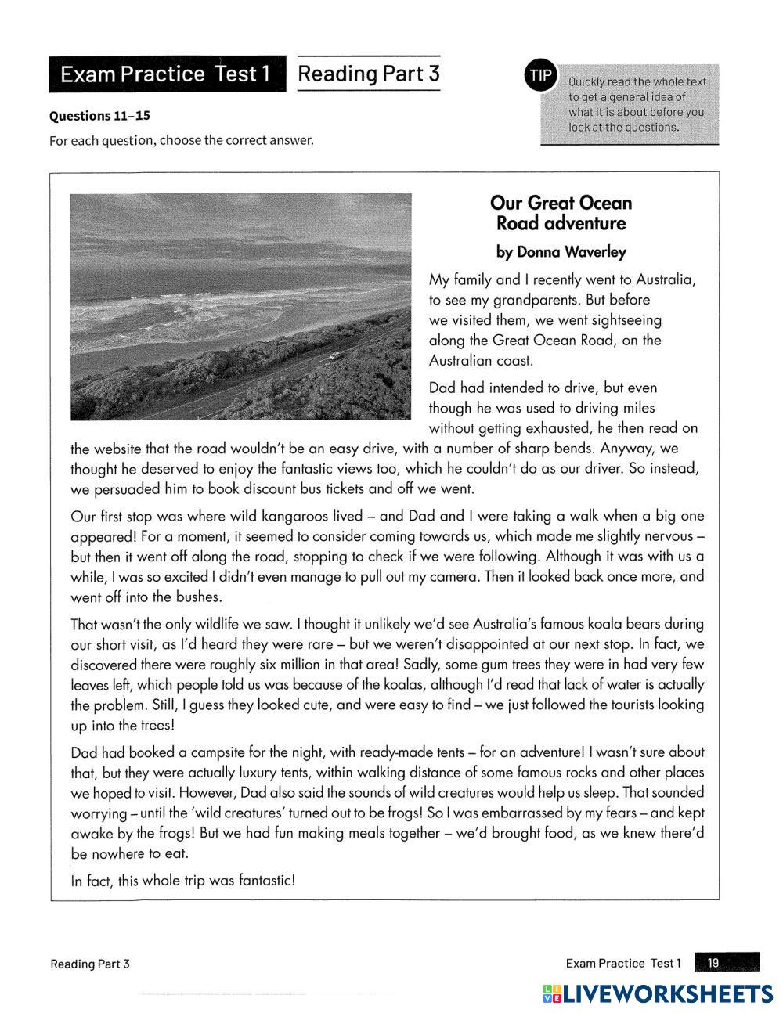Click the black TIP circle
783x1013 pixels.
(539, 76)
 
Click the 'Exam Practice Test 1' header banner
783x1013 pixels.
(166, 74)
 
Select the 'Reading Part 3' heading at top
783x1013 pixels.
(369, 74)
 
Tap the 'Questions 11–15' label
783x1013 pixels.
(99, 116)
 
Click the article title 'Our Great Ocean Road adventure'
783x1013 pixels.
(561, 213)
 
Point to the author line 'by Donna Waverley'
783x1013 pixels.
(561, 252)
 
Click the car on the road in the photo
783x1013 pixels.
(335, 356)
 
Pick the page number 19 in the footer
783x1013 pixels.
(713, 963)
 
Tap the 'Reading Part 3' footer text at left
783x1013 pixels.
(90, 964)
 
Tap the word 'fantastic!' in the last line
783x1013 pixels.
(266, 880)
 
